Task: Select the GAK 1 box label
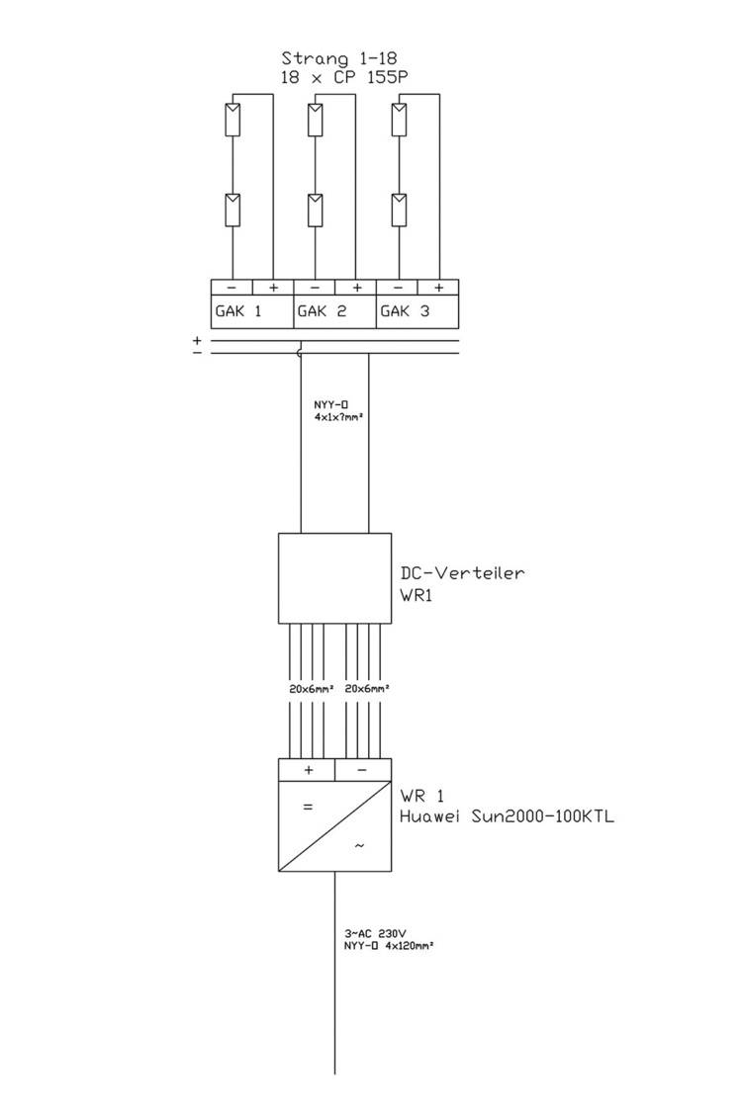tap(238, 311)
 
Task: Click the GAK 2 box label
tap(322, 311)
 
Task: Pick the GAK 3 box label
tap(404, 311)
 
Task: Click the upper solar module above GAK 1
tap(232, 120)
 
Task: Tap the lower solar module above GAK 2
tap(315, 211)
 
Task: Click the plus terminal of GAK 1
tap(273, 288)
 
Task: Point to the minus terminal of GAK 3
tap(398, 288)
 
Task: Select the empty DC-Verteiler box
tap(334, 578)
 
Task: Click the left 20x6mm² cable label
tap(311, 688)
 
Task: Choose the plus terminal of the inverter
tap(308, 769)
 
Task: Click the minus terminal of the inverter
tap(361, 769)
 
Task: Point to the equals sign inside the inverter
tap(307, 807)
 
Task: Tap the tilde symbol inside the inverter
tap(359, 846)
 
